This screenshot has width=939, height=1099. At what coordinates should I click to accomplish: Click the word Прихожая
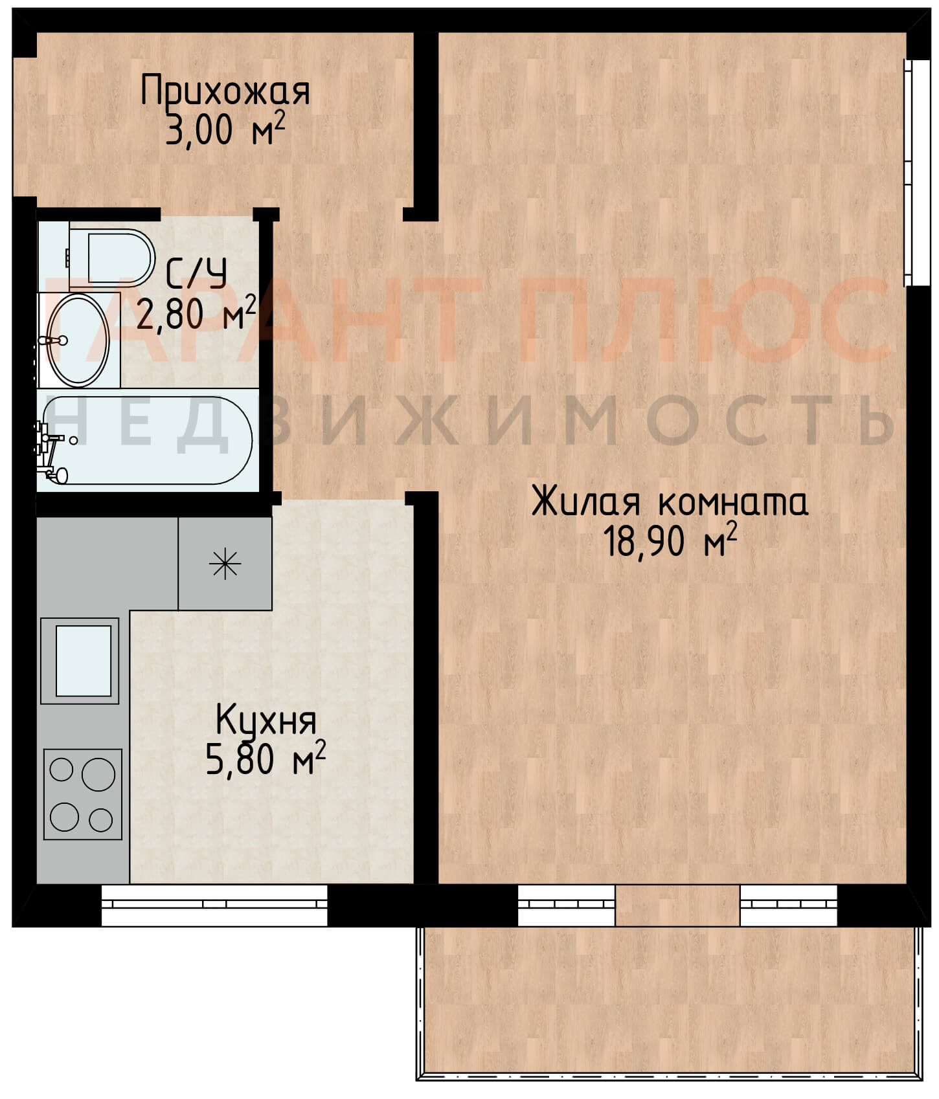pyautogui.click(x=225, y=92)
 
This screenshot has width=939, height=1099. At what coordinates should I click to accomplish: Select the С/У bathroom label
pyautogui.click(x=196, y=274)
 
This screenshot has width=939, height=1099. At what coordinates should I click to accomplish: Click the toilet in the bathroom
pyautogui.click(x=111, y=258)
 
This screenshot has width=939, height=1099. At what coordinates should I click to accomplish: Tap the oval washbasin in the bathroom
pyautogui.click(x=80, y=340)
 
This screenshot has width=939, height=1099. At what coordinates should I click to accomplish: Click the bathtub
pyautogui.click(x=145, y=440)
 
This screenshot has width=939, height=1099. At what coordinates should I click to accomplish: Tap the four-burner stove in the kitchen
pyautogui.click(x=83, y=794)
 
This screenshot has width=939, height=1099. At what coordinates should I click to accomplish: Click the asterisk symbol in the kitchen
pyautogui.click(x=225, y=564)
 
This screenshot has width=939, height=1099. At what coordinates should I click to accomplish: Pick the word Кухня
pyautogui.click(x=266, y=720)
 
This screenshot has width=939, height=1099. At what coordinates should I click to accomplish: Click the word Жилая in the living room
pyautogui.click(x=586, y=502)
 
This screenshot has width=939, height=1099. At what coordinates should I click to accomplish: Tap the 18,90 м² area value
pyautogui.click(x=670, y=540)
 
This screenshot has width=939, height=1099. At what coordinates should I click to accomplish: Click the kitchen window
pyautogui.click(x=214, y=905)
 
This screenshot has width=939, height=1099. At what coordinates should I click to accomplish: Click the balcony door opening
pyautogui.click(x=677, y=905)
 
